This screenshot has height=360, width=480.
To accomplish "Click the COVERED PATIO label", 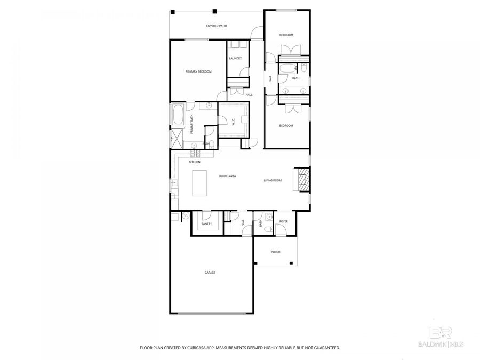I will click(x=216, y=26).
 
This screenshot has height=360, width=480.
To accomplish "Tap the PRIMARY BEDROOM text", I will click(x=198, y=71).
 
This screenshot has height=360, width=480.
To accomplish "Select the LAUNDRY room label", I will click(x=235, y=58).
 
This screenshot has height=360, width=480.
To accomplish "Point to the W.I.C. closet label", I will click(x=234, y=122).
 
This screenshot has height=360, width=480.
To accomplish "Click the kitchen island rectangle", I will click(x=199, y=183).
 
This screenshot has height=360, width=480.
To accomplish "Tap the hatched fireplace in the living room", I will click(x=302, y=179).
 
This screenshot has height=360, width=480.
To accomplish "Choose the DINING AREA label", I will click(x=227, y=175).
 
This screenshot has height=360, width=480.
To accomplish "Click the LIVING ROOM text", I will click(x=273, y=180).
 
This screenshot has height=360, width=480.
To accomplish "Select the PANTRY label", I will click(x=206, y=224).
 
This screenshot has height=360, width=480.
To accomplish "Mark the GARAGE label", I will click(x=210, y=273).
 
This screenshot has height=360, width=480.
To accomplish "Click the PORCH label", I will click(x=275, y=252).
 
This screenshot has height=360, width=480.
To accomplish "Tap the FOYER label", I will click(x=283, y=221).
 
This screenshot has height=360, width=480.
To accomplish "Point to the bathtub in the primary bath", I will click(x=178, y=115).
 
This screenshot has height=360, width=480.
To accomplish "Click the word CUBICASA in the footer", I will click(x=194, y=348).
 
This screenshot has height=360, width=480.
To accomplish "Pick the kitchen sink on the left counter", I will click(x=173, y=184).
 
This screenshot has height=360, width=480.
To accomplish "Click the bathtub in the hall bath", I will click(x=287, y=69).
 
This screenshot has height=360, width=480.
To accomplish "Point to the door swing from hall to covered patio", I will click(x=257, y=35).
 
